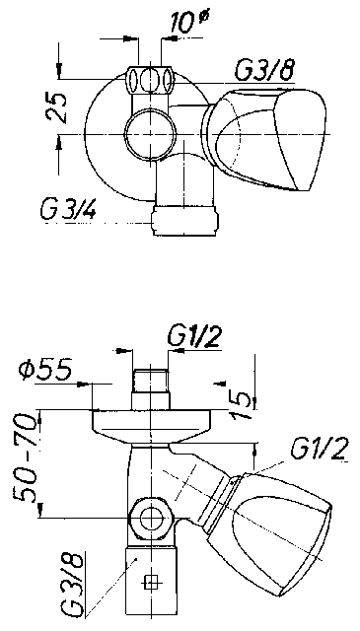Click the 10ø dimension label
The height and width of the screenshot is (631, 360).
coord(188,22)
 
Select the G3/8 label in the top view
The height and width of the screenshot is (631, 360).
coord(263,71)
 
